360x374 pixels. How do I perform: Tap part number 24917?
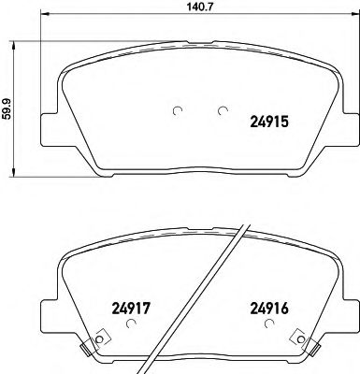[131, 305]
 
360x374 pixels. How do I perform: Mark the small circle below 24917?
[131, 324]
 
